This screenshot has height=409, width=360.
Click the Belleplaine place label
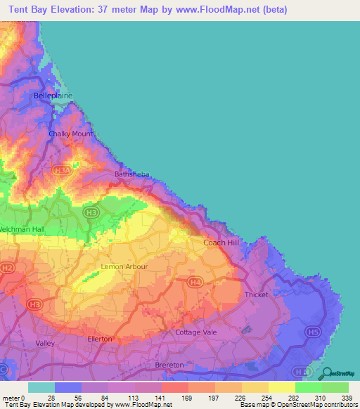(53, 95)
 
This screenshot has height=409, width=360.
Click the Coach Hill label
(221, 242)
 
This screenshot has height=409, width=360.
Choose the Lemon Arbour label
(124, 267)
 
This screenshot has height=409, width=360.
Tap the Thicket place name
(256, 295)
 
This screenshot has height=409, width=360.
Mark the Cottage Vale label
(196, 332)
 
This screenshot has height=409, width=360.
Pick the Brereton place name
(169, 365)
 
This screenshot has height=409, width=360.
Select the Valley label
(45, 343)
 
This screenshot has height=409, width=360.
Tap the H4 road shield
(195, 283)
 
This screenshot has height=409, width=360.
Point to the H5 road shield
(312, 330)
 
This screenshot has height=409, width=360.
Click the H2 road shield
(7, 268)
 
